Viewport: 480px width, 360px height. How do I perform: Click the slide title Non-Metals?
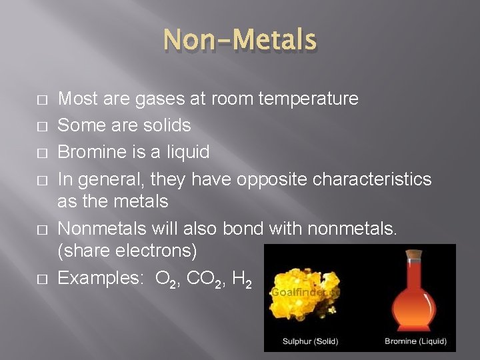tap(240, 41)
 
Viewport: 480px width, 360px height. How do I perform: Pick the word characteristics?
tap(374, 179)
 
